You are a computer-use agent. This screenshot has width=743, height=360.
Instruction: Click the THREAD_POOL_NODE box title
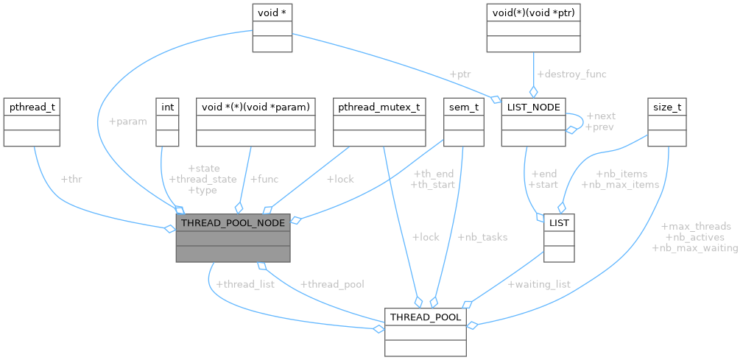233,222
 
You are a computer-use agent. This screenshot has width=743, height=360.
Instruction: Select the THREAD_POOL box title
426,317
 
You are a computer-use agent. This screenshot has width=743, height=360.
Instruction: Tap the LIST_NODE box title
532,107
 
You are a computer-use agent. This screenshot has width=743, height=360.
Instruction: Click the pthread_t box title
31,107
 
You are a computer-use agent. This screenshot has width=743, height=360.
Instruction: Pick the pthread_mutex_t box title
378,107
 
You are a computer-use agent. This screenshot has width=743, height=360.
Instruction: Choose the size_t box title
666,107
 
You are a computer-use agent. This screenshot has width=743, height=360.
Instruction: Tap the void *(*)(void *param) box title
255,107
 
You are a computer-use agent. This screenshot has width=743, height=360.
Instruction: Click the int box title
168,107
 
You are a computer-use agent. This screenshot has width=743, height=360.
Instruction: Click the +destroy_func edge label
571,74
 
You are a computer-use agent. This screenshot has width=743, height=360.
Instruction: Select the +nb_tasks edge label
482,237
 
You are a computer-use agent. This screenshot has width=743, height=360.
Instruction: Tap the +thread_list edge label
244,283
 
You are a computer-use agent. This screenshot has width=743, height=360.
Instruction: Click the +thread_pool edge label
332,283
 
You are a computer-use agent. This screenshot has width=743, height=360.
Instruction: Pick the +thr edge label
72,179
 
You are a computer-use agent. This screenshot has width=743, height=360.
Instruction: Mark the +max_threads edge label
696,226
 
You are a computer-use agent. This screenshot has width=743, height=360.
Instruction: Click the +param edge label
127,121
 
